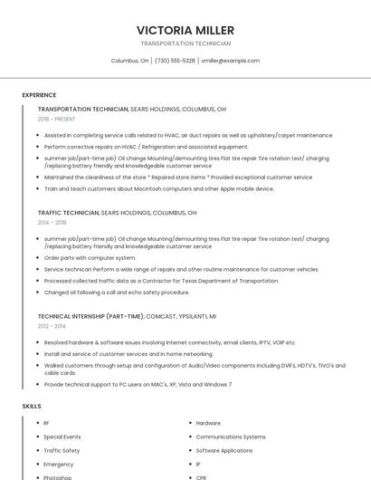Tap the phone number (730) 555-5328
(175, 61)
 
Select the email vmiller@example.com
(230, 61)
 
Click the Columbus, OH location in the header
(129, 61)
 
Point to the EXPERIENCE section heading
(39, 95)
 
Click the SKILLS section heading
(32, 407)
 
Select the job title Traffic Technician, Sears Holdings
(117, 213)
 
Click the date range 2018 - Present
(56, 119)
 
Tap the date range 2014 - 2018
(52, 222)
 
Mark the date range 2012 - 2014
(52, 326)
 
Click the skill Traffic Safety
(62, 450)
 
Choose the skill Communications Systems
(231, 437)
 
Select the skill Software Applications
(224, 450)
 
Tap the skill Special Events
(62, 437)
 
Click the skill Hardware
(208, 423)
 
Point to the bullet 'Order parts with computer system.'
(90, 257)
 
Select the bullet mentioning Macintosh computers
(158, 189)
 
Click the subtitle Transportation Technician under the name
(185, 43)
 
